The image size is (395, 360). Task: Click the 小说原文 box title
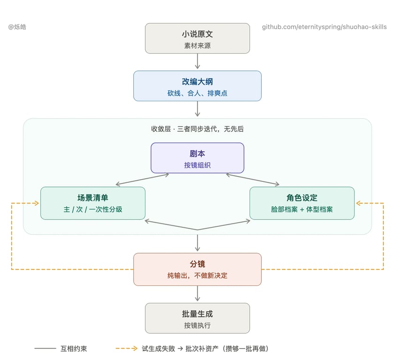[x=197, y=34]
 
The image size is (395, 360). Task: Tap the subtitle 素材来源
[x=197, y=45]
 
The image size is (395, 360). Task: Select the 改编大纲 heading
[x=197, y=82]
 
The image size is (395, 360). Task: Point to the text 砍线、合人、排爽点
[x=197, y=93]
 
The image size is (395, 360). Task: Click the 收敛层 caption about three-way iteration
[x=197, y=129]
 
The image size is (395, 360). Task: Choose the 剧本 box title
[x=197, y=154]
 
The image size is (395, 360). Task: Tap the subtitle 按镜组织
[x=197, y=165]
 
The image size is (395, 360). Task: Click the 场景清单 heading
[x=93, y=198]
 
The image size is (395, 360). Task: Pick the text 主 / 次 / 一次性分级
[x=93, y=209]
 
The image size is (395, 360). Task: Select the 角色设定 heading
[x=302, y=198]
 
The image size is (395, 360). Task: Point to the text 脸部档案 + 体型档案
[x=302, y=209]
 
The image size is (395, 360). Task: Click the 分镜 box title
[x=197, y=264]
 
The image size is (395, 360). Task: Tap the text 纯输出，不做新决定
[x=197, y=276]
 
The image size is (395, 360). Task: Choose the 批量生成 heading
[x=197, y=314]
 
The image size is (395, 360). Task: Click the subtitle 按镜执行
[x=197, y=325]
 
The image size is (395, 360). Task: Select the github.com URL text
[x=324, y=27]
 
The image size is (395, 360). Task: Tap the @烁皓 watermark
[x=17, y=27]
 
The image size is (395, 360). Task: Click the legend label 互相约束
[x=74, y=349]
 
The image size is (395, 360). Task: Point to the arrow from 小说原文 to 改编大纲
[x=197, y=61]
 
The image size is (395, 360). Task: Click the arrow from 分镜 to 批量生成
[x=197, y=293]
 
